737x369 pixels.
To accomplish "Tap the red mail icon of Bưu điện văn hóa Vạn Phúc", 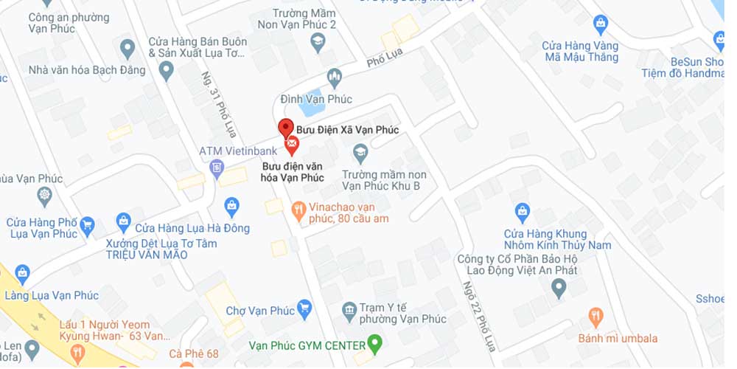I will point(292,145).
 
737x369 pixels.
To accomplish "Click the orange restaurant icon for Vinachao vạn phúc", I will point(298,210).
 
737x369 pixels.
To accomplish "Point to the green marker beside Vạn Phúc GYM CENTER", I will point(375,343).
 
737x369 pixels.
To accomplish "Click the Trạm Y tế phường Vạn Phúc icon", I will point(350,308).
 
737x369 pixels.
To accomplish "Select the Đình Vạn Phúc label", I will point(317,100).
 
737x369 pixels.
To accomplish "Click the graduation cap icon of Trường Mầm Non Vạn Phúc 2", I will point(318,41).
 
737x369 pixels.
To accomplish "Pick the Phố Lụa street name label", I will point(385,62).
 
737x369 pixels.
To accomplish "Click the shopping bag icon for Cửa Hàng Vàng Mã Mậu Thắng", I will point(601,24).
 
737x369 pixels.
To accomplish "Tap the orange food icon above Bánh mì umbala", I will point(596,318).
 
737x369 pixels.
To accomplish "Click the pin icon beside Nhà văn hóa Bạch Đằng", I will point(166,71).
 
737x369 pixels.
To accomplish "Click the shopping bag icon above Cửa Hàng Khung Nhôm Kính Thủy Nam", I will point(523,213).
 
